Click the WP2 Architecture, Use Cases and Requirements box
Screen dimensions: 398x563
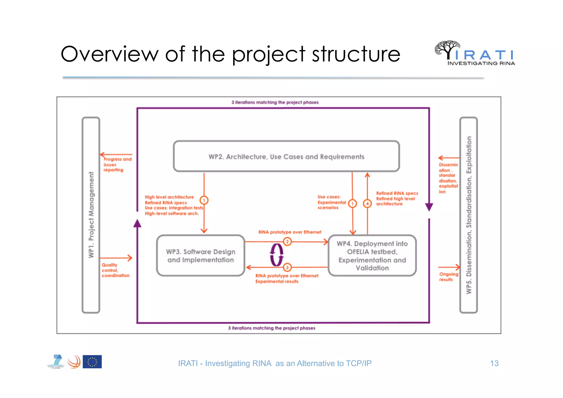click(x=286, y=156)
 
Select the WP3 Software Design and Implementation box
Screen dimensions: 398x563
click(x=200, y=256)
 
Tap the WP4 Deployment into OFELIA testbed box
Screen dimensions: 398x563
click(x=372, y=256)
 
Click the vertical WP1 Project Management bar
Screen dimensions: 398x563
click(x=91, y=215)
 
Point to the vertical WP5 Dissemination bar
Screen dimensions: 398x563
click(x=468, y=215)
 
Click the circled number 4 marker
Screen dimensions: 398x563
click(x=367, y=204)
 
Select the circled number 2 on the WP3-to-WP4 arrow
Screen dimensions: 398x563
click(x=287, y=241)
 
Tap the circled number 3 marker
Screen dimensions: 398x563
click(x=287, y=267)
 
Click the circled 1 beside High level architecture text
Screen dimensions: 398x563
click(x=204, y=200)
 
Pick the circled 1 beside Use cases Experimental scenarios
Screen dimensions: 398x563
click(x=352, y=204)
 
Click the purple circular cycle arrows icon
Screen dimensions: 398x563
click(x=276, y=255)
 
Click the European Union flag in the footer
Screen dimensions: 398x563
click(x=92, y=362)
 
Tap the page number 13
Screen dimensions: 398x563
click(x=494, y=363)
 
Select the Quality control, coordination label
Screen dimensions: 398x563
click(x=115, y=270)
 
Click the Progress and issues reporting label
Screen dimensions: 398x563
click(x=117, y=164)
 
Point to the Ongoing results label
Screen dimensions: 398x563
click(x=448, y=277)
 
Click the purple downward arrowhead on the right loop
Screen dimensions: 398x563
click(x=429, y=207)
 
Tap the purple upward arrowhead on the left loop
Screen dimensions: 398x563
click(x=137, y=223)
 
